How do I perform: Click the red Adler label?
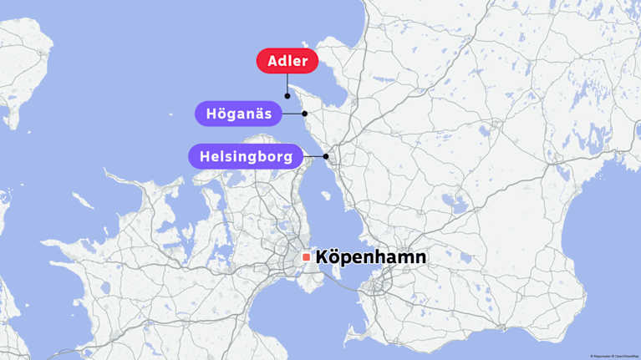(x=287, y=61)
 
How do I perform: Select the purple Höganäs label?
(x=238, y=114)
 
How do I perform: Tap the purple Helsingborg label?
(x=246, y=156)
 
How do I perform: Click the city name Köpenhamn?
(x=370, y=257)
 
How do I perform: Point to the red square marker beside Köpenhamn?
(x=307, y=257)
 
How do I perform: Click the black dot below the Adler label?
(x=287, y=96)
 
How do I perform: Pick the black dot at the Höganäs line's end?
(x=305, y=114)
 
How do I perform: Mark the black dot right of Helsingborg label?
(x=326, y=156)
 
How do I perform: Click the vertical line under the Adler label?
(x=287, y=84)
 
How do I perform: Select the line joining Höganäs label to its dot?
(x=293, y=114)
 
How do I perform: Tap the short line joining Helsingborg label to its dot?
(x=314, y=156)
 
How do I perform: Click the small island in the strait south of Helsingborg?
(x=326, y=196)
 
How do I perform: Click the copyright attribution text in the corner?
(x=613, y=356)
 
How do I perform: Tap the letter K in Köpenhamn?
(x=323, y=257)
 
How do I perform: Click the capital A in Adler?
(x=273, y=61)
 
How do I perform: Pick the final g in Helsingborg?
(x=288, y=157)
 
